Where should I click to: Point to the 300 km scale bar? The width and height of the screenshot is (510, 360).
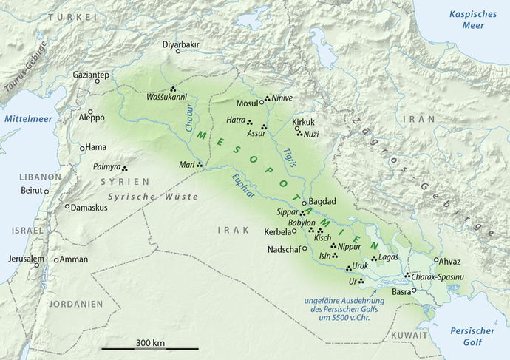tap(150, 348)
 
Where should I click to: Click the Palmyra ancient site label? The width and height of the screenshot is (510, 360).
tap(106, 168)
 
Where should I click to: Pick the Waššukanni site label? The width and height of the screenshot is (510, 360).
tap(166, 96)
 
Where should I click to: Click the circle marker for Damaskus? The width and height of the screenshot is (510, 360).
tap(67, 207)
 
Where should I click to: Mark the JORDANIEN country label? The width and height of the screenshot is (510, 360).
tap(75, 304)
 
